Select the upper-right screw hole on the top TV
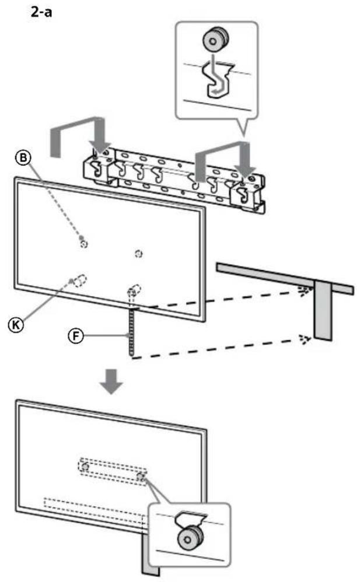[138, 253]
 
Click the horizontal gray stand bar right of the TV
[274, 275]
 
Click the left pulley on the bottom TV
[85, 467]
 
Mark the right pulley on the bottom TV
[140, 476]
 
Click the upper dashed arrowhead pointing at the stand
[302, 290]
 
